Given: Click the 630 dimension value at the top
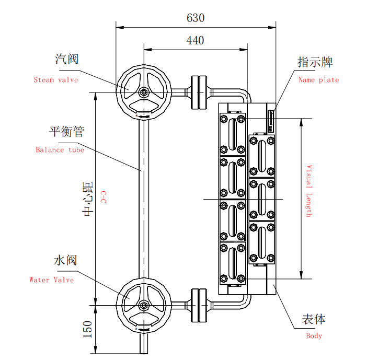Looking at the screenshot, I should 196,18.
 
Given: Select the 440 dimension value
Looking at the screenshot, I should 195,40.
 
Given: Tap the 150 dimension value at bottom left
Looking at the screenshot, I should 87,329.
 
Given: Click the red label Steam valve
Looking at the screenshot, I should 55,80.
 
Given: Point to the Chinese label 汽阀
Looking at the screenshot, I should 67,59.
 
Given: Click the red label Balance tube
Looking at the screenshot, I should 60,149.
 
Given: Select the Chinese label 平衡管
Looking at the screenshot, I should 66,131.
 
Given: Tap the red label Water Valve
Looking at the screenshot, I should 51,280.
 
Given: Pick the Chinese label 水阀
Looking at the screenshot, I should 65,260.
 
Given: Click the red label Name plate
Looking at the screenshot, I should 318,80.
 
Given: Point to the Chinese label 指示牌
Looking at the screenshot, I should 315,62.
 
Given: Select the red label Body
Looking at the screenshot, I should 314,336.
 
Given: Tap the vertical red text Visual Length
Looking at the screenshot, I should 308,191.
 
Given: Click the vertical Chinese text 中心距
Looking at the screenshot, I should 87,199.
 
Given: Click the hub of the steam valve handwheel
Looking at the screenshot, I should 143,92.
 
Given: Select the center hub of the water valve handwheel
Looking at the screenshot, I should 143,305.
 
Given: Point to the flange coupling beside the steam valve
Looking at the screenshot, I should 199,93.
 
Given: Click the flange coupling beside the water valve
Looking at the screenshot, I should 199,305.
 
